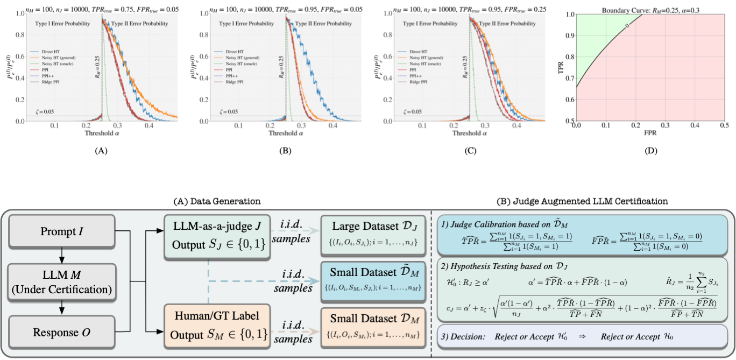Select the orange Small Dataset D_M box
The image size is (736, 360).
click(371, 326)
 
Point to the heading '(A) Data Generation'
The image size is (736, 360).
click(217, 201)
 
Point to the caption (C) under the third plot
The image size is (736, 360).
click(469, 152)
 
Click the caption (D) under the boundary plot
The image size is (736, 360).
click(650, 152)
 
